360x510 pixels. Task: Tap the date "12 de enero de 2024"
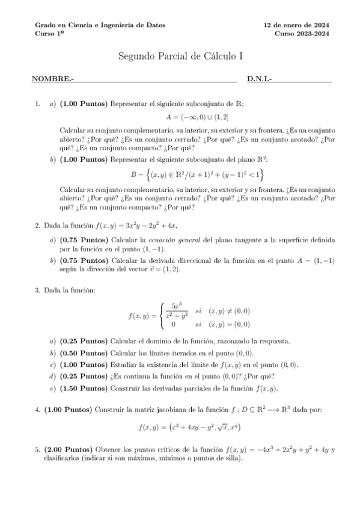click(297, 25)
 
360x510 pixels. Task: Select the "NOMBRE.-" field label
click(53, 79)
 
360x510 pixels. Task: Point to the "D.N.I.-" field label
click(260, 79)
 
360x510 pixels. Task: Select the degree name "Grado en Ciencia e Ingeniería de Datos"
click(100, 25)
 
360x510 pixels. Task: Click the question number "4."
click(38, 410)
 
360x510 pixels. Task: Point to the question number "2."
click(38, 226)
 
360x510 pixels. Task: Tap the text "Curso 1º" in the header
click(48, 34)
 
